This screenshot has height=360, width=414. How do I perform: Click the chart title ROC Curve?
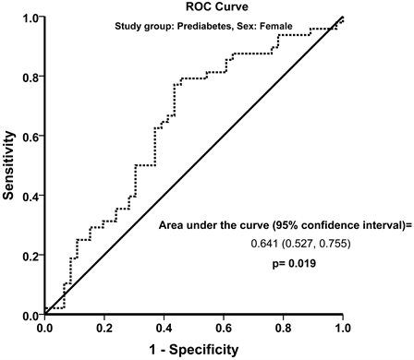pos(217,6)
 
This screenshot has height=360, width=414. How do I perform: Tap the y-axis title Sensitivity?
pos(8,165)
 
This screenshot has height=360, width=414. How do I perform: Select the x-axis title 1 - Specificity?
pos(194,350)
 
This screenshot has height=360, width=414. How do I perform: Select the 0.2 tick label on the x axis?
pos(104,328)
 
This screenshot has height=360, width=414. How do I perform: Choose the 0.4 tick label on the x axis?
pos(164,328)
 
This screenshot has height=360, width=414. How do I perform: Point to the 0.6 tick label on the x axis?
pos(224,328)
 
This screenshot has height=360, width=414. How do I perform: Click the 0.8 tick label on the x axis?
pos(284,328)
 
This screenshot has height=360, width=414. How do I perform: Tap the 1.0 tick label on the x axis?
pos(343,328)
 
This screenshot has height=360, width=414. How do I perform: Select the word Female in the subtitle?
pos(276,27)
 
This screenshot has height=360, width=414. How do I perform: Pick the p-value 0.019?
pos(302,264)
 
